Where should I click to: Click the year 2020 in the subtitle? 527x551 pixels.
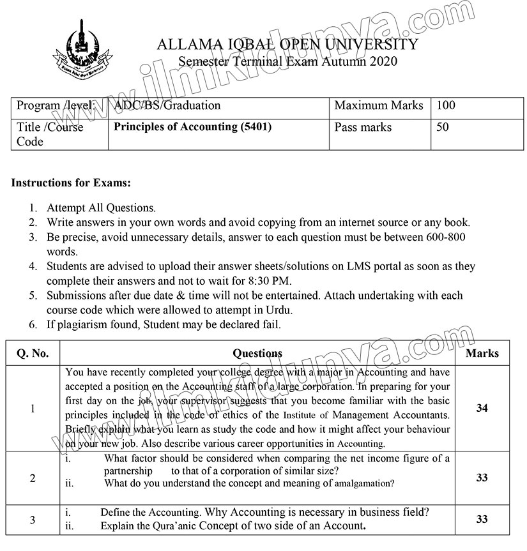[382, 61]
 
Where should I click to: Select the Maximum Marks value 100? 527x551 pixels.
[446, 106]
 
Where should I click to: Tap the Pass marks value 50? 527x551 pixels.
[442, 127]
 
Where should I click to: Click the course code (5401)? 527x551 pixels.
[255, 126]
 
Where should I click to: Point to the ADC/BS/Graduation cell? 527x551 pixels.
[167, 106]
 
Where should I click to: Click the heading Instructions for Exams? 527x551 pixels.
[71, 183]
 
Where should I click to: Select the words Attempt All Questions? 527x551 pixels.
[101, 208]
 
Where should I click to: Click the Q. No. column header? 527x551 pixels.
[32, 353]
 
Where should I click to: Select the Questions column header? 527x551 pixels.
[257, 353]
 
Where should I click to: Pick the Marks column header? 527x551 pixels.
[482, 353]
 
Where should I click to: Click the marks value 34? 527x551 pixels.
[482, 408]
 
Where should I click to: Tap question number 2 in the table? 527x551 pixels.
[33, 478]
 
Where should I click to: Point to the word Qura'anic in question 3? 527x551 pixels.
[174, 527]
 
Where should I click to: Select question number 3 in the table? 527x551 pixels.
[33, 520]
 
